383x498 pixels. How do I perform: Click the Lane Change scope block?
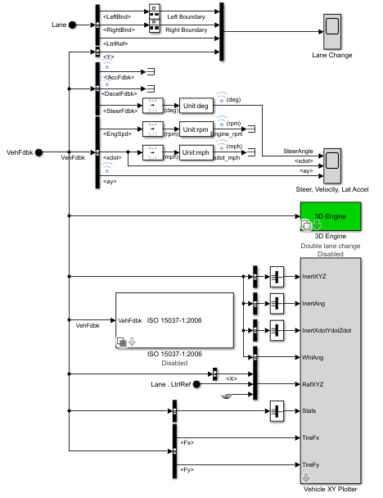(x=334, y=31)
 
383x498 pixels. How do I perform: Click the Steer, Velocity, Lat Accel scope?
(x=333, y=164)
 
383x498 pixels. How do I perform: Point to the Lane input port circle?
(x=72, y=25)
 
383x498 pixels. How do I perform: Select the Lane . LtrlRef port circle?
(x=196, y=383)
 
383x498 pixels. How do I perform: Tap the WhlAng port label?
(x=313, y=356)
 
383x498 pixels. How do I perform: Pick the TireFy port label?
(x=312, y=464)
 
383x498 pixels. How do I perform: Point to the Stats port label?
(x=309, y=410)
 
